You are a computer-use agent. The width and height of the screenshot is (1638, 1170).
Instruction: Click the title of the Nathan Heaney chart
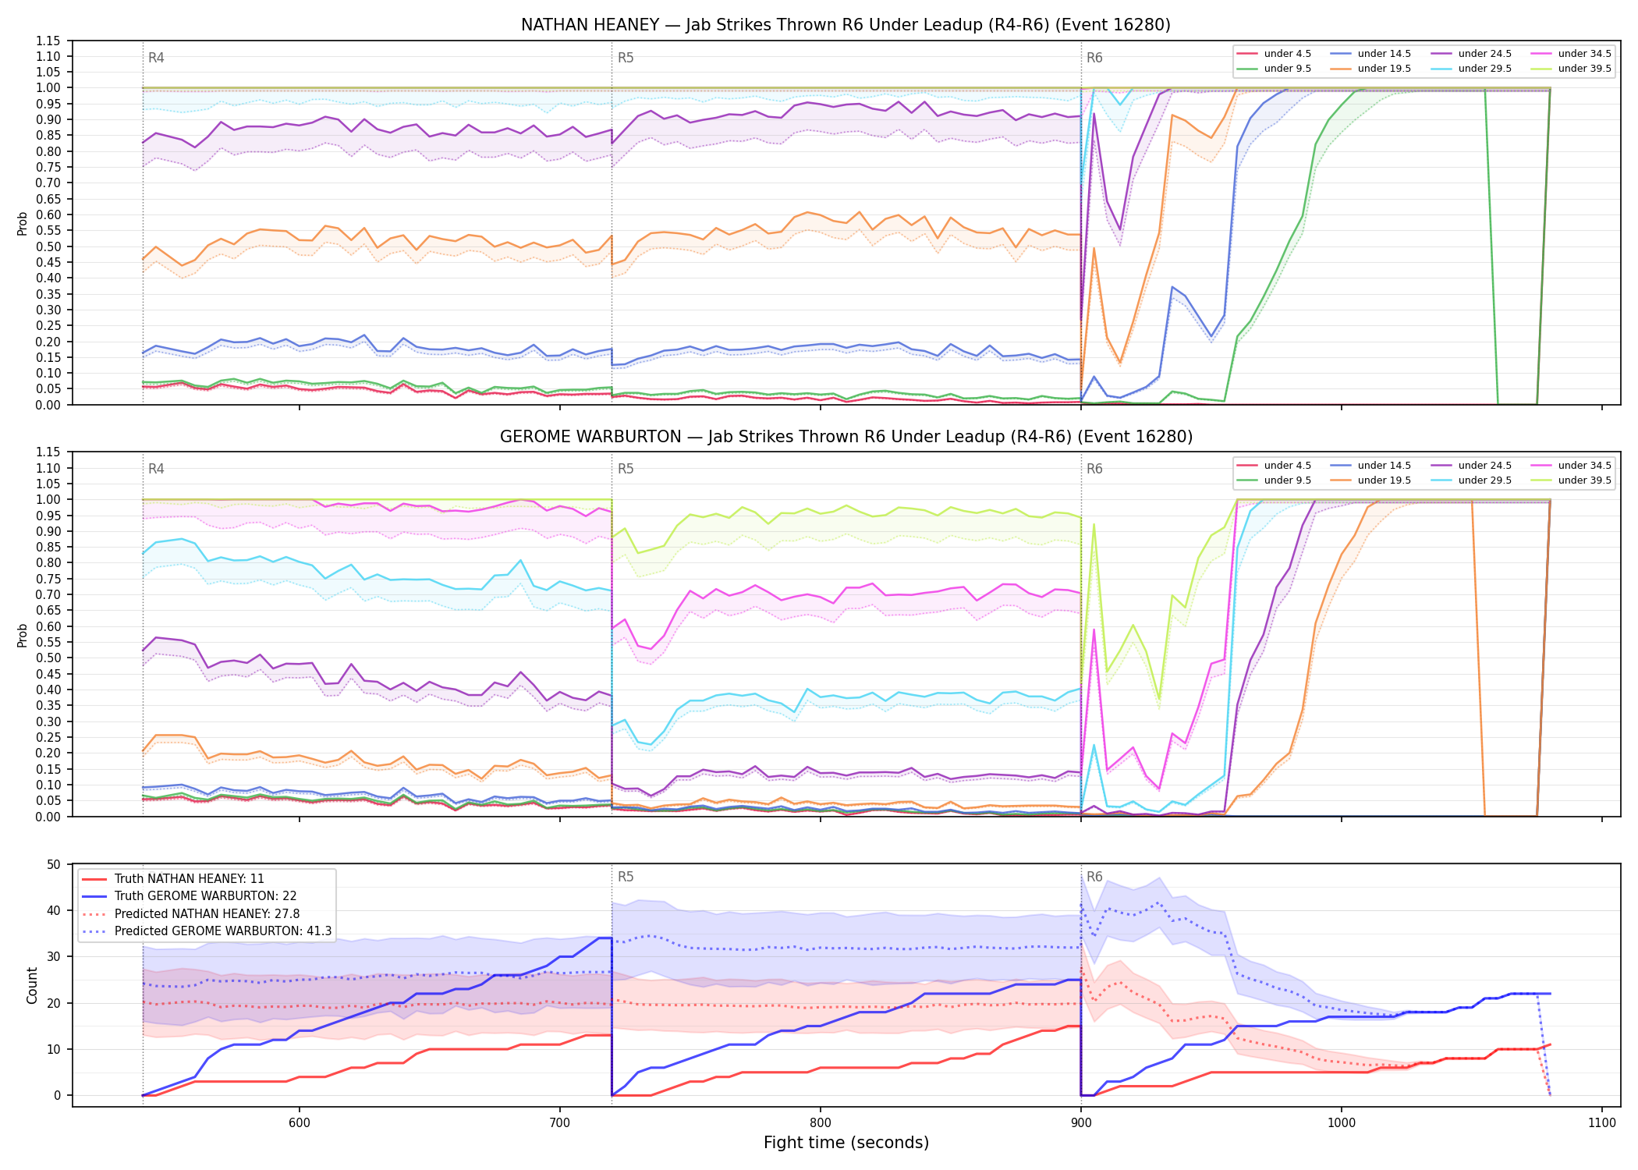[x=846, y=25]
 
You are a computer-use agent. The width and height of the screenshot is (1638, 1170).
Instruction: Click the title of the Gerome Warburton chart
[x=846, y=437]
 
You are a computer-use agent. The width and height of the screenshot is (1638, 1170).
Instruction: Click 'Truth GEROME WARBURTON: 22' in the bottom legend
[x=205, y=896]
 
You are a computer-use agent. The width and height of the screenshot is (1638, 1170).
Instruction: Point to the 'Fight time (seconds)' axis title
[x=846, y=1143]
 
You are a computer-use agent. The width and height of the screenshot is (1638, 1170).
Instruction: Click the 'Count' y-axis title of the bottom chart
[x=32, y=985]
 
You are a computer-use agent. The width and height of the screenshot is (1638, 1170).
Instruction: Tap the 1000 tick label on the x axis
[x=1342, y=1123]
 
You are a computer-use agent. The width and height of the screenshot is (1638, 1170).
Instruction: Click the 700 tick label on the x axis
[x=560, y=1123]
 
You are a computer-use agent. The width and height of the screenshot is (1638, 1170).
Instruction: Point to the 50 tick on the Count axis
[x=54, y=864]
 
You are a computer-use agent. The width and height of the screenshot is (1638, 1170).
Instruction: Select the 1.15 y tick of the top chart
[x=48, y=41]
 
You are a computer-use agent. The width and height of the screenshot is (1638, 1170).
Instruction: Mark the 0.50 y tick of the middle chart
[x=48, y=658]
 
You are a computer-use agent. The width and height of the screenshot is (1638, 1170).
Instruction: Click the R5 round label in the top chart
[x=626, y=58]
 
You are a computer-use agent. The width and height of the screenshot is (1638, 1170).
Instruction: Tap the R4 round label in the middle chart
[x=156, y=469]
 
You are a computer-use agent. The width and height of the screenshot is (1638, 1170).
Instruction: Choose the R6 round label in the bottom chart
[x=1094, y=877]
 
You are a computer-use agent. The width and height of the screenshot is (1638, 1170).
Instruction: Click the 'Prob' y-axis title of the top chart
[x=23, y=223]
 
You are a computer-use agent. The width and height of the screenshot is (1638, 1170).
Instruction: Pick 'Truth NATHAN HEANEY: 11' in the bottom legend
[x=190, y=879]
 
